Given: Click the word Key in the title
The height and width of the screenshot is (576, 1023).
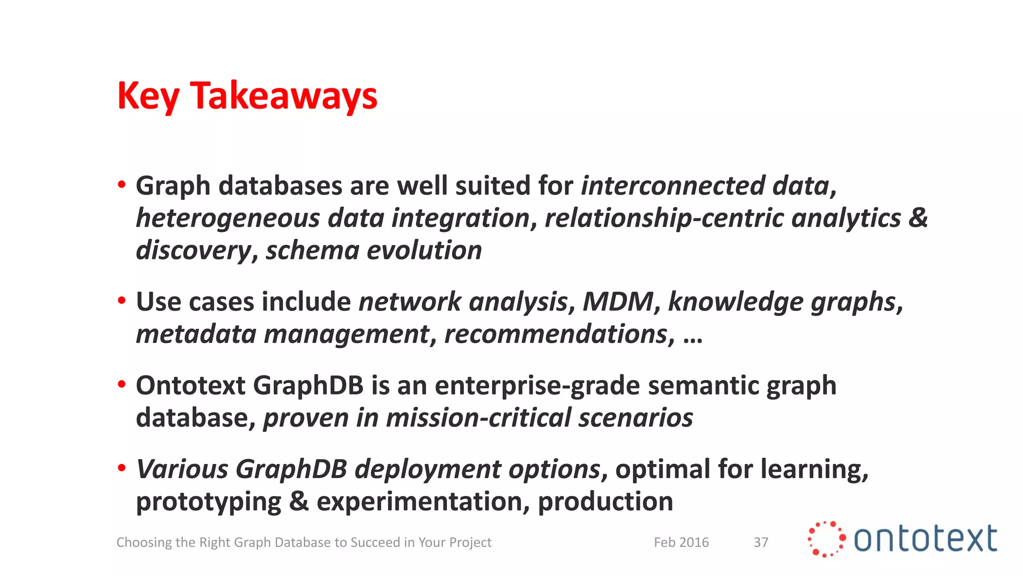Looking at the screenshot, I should point(148,96).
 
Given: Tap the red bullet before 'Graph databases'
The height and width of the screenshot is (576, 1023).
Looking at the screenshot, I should point(121,185).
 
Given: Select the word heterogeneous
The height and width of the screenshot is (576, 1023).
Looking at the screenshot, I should point(228,218).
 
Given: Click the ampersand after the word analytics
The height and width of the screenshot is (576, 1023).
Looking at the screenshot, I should point(918,217).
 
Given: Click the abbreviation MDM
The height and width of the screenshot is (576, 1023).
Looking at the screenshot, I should point(618,301).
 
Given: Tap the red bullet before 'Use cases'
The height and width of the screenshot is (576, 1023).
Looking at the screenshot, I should point(121,301).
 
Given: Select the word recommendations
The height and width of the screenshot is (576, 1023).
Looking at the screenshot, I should point(556,334).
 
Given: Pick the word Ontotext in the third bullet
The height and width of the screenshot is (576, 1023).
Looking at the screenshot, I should point(191,385).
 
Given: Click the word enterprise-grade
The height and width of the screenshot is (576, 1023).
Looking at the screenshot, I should point(537,385).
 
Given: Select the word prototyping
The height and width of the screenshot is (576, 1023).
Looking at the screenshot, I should point(208,501).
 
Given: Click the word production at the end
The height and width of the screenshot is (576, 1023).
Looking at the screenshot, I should point(605,501).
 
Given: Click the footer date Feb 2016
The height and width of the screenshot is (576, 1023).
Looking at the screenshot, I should point(681,542).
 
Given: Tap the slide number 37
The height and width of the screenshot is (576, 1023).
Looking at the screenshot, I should point(761,542).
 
